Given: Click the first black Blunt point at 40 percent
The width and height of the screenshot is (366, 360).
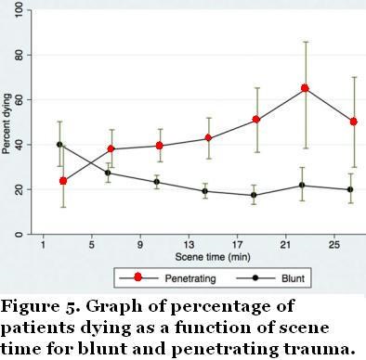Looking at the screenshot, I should click(60, 144).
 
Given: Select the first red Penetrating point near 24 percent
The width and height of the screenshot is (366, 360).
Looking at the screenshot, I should click(63, 180).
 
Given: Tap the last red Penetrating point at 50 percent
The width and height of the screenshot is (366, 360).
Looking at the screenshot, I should click(353, 122).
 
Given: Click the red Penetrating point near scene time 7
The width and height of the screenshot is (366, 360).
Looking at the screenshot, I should click(111, 149).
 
